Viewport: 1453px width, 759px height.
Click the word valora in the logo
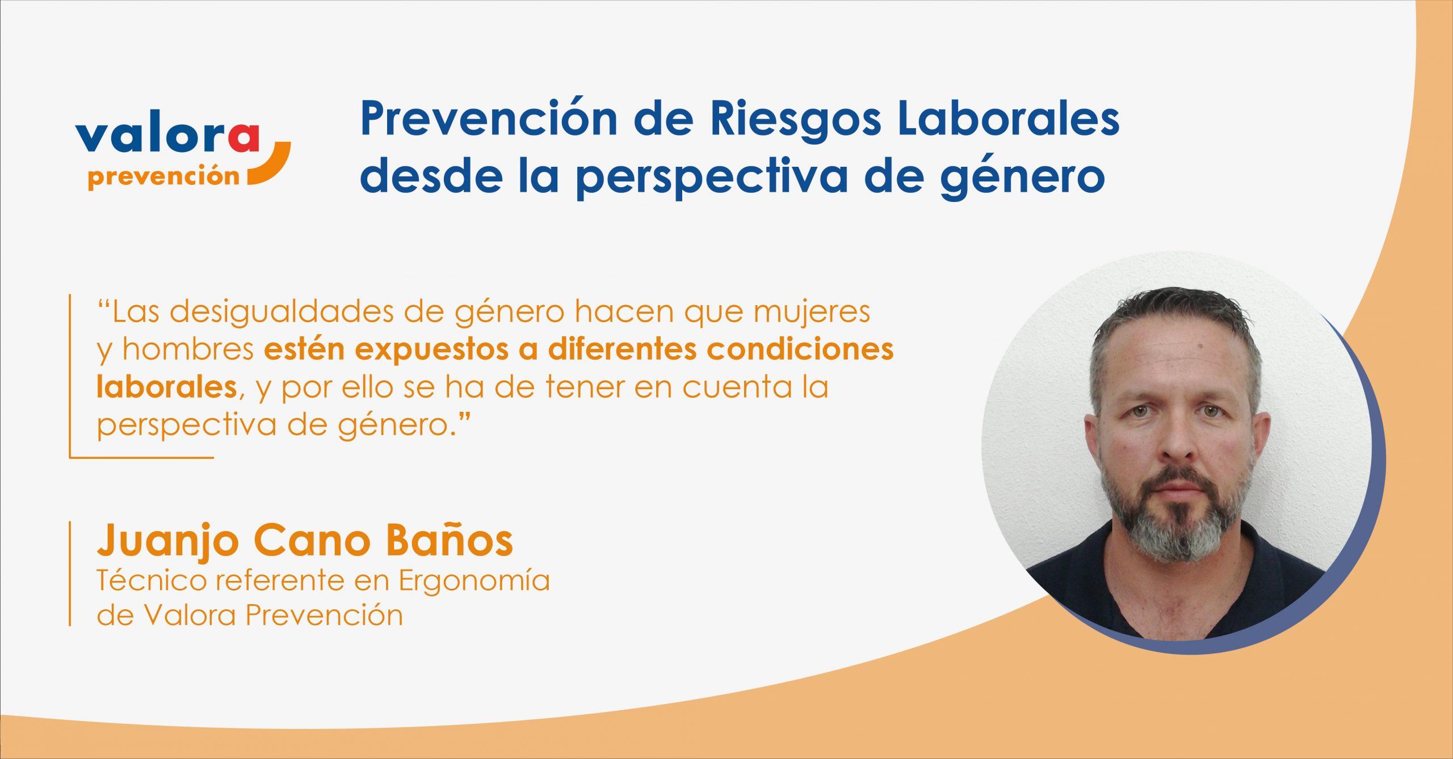(167, 136)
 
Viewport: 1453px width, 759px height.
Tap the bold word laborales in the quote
(166, 387)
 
